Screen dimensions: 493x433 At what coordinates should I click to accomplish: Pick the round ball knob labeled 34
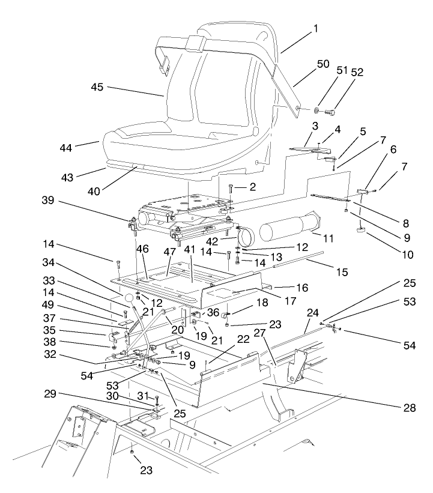coord(130,298)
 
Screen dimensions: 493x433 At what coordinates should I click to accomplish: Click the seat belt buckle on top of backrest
coord(195,44)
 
